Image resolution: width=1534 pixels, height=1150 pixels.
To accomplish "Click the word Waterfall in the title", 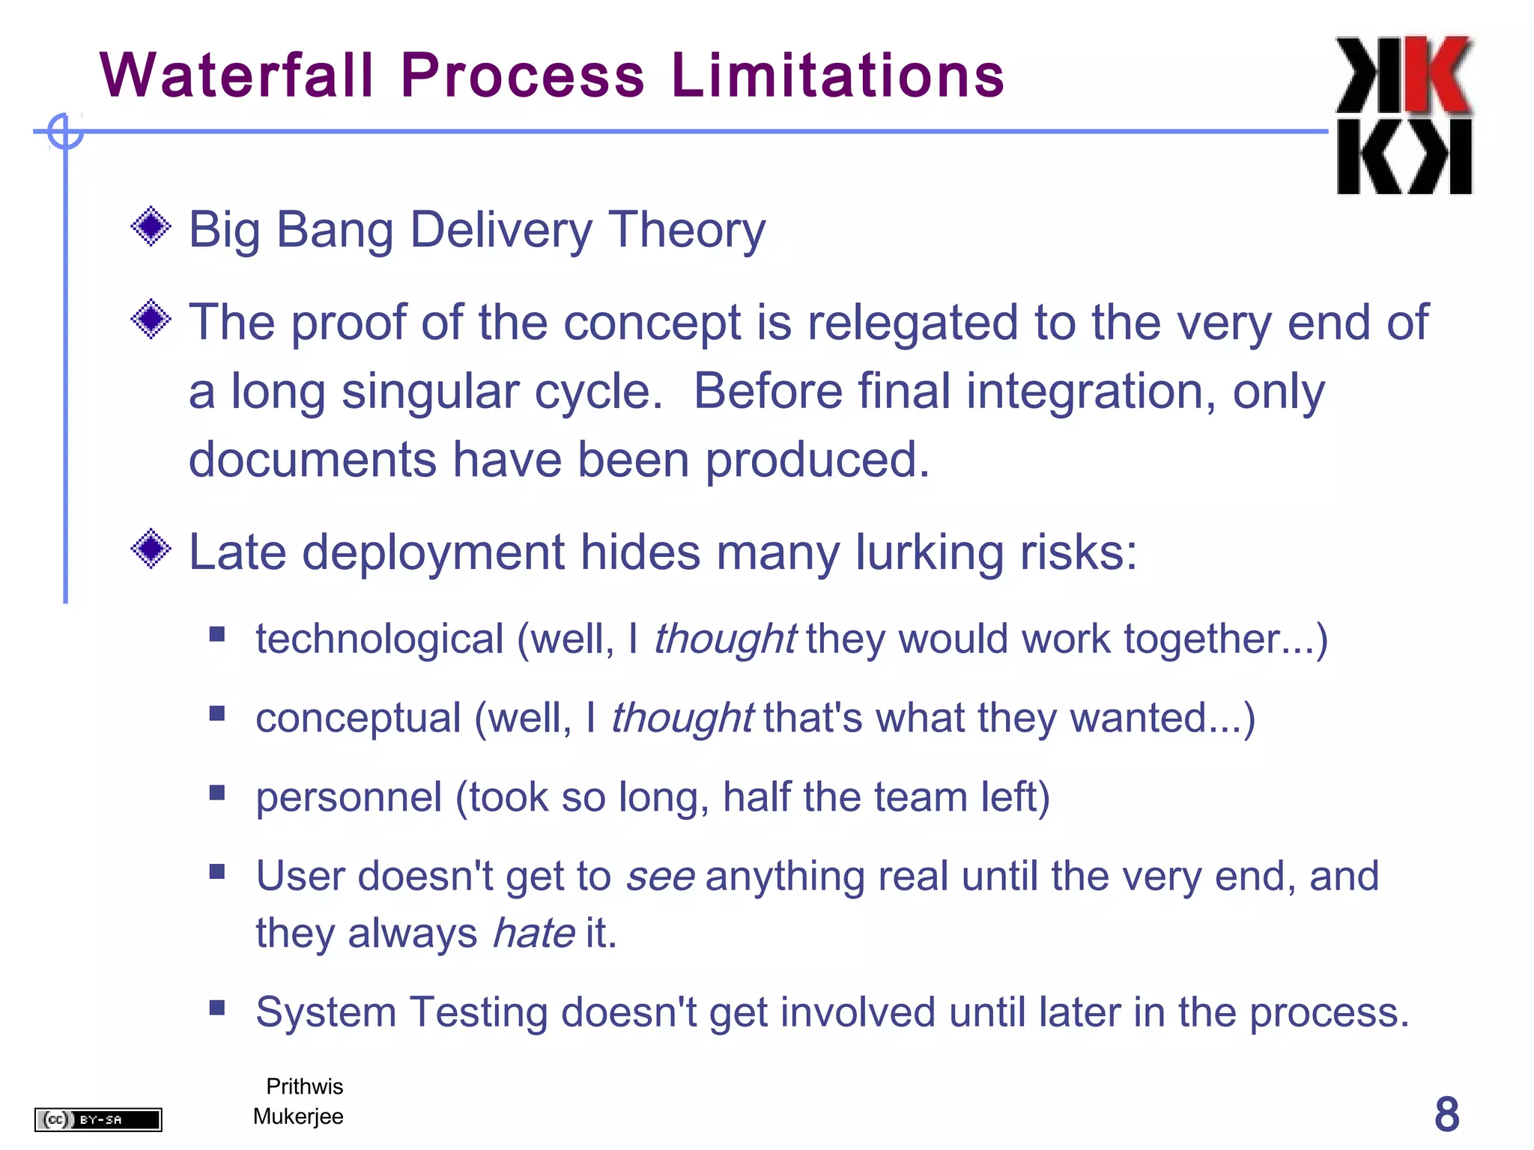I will click(x=237, y=76).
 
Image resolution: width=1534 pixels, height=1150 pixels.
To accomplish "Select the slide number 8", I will click(x=1446, y=1114).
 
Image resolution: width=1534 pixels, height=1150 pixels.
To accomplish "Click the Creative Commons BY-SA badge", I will click(x=98, y=1119).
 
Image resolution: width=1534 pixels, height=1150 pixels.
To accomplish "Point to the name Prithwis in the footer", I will click(x=304, y=1086).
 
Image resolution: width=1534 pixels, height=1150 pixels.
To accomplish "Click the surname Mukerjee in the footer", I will click(x=298, y=1116).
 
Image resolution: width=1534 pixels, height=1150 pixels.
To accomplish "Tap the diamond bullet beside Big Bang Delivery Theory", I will click(x=151, y=226).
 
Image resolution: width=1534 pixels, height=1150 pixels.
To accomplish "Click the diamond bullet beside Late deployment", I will click(x=151, y=549).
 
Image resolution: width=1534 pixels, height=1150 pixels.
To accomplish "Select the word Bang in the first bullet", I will click(x=335, y=230).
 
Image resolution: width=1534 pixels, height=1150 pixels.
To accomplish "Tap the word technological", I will click(x=380, y=640).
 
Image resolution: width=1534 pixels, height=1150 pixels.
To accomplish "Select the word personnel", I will click(x=349, y=797).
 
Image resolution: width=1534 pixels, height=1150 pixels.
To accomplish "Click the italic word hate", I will click(x=533, y=934).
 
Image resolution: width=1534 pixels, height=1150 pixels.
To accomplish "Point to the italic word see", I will click(x=661, y=877).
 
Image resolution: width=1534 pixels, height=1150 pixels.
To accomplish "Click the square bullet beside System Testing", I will click(x=217, y=1007).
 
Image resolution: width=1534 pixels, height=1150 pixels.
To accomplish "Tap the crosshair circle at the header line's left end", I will click(x=65, y=132).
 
